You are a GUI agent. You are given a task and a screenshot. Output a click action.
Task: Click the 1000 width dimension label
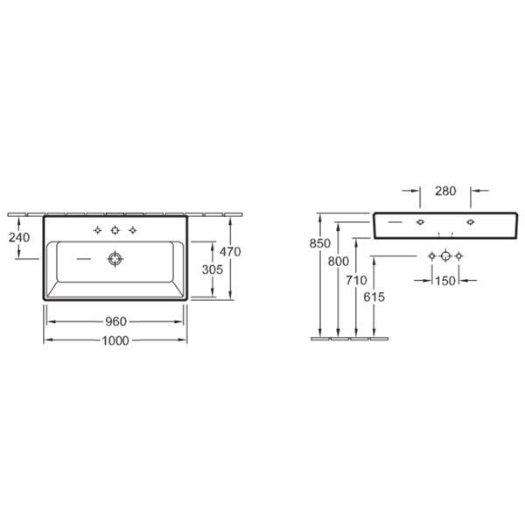tap(115, 340)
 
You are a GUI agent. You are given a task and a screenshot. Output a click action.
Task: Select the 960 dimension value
tap(115, 322)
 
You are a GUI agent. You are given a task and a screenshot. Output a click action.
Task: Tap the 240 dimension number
tap(19, 237)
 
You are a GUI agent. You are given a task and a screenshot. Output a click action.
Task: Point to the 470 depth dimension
tap(230, 251)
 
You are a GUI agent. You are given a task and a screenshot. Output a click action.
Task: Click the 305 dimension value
tap(213, 269)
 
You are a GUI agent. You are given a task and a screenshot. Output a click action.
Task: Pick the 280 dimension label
tap(445, 191)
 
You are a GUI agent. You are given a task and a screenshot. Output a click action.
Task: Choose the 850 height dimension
tap(319, 243)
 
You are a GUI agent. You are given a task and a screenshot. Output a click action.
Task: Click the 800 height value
tap(338, 261)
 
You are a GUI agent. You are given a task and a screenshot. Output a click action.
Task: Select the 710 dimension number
tap(356, 280)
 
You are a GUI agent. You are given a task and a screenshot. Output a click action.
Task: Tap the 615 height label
tap(374, 297)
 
